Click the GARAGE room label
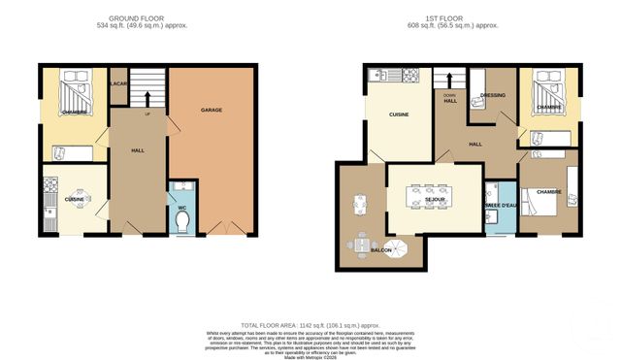[x=212, y=111]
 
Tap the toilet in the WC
[x=182, y=222]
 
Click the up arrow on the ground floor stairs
[x=147, y=97]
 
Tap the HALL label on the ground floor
[x=138, y=150]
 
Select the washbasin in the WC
[x=181, y=189]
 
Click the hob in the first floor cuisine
[x=409, y=75]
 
